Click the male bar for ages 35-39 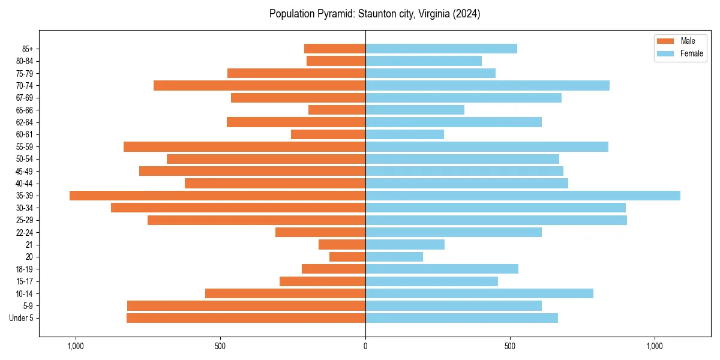point(217,196)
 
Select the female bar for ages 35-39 point(523,196)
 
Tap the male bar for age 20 point(347,257)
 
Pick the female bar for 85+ point(441,49)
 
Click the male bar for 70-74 point(259,85)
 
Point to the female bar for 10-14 point(479,293)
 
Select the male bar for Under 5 point(246,318)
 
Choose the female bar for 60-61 point(404,134)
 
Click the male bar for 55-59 point(244,146)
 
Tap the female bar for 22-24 point(453,232)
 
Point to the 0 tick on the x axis point(365,346)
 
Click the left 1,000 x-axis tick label point(76,346)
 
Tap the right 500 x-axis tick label point(510,346)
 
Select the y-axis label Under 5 point(22,318)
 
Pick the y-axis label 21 point(29,245)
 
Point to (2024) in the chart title point(467,14)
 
